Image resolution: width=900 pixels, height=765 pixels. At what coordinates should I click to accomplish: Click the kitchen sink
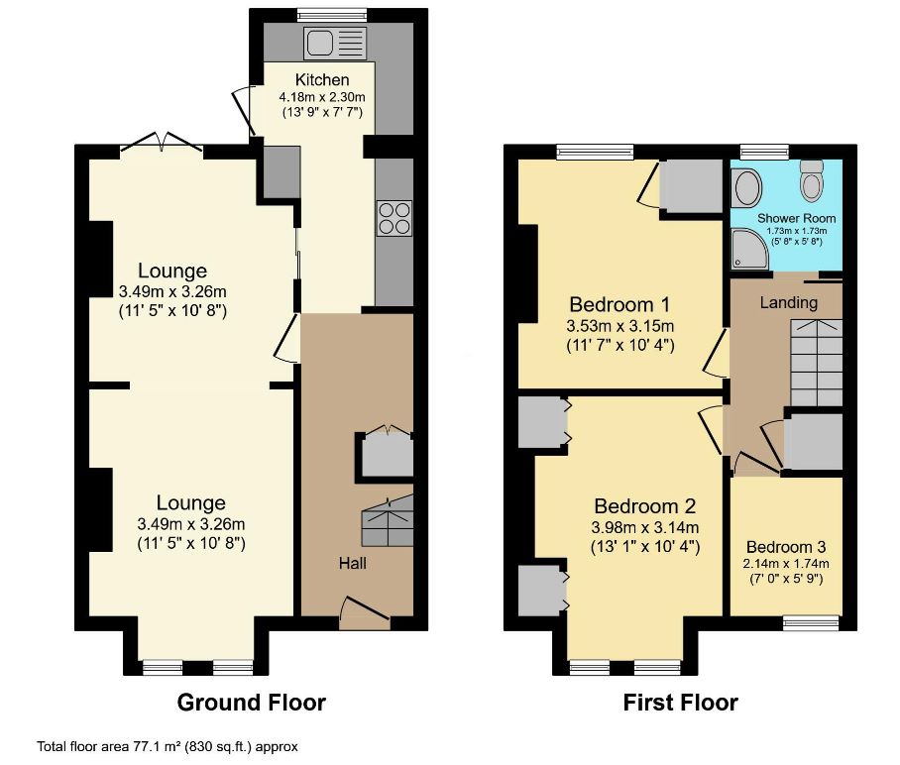point(335,43)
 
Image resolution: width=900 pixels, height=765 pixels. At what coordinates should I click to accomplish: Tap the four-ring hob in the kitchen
point(394,218)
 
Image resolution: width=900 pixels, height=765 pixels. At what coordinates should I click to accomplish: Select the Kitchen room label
point(322,80)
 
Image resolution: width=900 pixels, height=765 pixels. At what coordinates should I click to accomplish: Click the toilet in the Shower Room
point(812,180)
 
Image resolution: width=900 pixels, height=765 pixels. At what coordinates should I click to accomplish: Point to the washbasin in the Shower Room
point(746,187)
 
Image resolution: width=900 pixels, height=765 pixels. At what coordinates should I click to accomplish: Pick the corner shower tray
point(749,249)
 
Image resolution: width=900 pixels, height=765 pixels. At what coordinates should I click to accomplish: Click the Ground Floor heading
point(252,703)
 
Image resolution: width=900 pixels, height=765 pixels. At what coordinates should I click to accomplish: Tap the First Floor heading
point(681,703)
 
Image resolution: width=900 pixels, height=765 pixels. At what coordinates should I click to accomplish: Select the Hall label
point(353,563)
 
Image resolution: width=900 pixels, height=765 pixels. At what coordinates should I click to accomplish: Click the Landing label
point(789,302)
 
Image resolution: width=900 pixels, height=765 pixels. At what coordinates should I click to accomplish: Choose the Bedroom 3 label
point(786,547)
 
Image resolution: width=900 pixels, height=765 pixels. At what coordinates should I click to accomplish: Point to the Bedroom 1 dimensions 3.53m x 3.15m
point(619,326)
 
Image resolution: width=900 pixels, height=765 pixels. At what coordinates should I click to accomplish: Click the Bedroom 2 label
point(645,506)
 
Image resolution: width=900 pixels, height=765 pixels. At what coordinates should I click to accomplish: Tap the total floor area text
point(168,746)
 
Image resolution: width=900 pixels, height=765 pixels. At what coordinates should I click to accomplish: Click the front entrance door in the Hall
point(365,611)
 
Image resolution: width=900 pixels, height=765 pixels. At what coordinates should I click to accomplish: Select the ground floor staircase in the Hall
point(387,520)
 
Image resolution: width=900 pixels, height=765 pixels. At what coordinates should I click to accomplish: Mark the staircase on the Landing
point(816,363)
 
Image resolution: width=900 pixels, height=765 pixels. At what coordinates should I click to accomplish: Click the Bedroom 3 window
point(812,623)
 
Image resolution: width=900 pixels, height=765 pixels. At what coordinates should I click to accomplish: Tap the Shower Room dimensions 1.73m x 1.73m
point(797,231)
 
